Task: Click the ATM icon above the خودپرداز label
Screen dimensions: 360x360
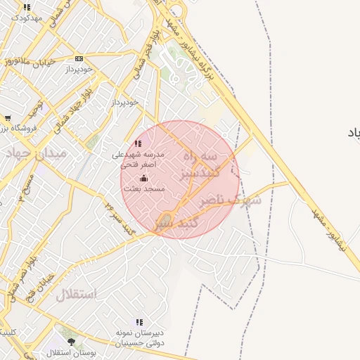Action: tap(79, 59)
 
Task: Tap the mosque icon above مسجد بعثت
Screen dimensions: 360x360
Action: tap(145, 179)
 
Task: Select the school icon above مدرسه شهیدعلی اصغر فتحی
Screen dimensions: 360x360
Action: tap(138, 143)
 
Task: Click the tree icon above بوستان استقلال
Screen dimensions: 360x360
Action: tap(71, 342)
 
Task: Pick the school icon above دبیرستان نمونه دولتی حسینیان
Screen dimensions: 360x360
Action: tap(139, 321)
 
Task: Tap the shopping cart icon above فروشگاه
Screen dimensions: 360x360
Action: tap(7, 118)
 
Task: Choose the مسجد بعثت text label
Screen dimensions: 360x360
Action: tap(143, 189)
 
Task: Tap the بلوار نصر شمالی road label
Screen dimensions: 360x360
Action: tap(25, 274)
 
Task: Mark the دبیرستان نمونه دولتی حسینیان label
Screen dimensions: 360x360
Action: tap(140, 337)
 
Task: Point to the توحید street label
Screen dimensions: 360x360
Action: tap(35, 109)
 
